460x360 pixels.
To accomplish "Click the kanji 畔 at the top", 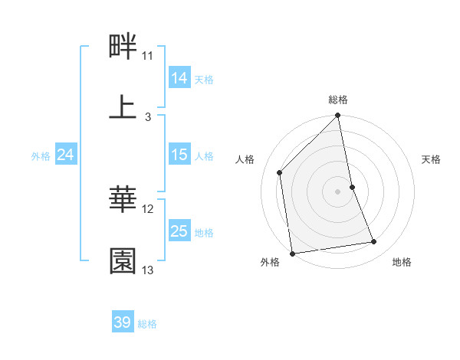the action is point(123,47).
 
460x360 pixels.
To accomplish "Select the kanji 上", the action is point(123,108).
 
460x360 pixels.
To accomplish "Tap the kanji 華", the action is point(123,201).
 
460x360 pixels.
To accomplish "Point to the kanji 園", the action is point(123,261).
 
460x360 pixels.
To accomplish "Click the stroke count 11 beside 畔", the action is point(148,56).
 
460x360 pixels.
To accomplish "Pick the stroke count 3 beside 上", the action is point(148,116).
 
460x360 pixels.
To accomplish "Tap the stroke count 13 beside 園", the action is point(148,270).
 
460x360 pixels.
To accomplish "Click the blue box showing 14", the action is point(179,77).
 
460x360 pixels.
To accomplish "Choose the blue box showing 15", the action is point(179,155).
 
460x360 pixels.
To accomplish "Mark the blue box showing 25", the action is point(179,231).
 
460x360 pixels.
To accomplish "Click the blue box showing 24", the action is point(65,155).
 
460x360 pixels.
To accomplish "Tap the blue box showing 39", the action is point(123,322).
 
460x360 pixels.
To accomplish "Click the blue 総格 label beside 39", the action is point(147,324).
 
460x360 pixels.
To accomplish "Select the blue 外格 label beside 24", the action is point(41,156).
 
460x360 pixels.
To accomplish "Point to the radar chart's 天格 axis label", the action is point(432,159).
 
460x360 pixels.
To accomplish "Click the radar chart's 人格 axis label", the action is point(245,159).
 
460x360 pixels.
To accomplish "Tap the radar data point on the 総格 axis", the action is point(338,116).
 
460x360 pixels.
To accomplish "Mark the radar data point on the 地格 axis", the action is point(374,242).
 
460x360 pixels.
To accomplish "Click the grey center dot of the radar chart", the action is point(338,191).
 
